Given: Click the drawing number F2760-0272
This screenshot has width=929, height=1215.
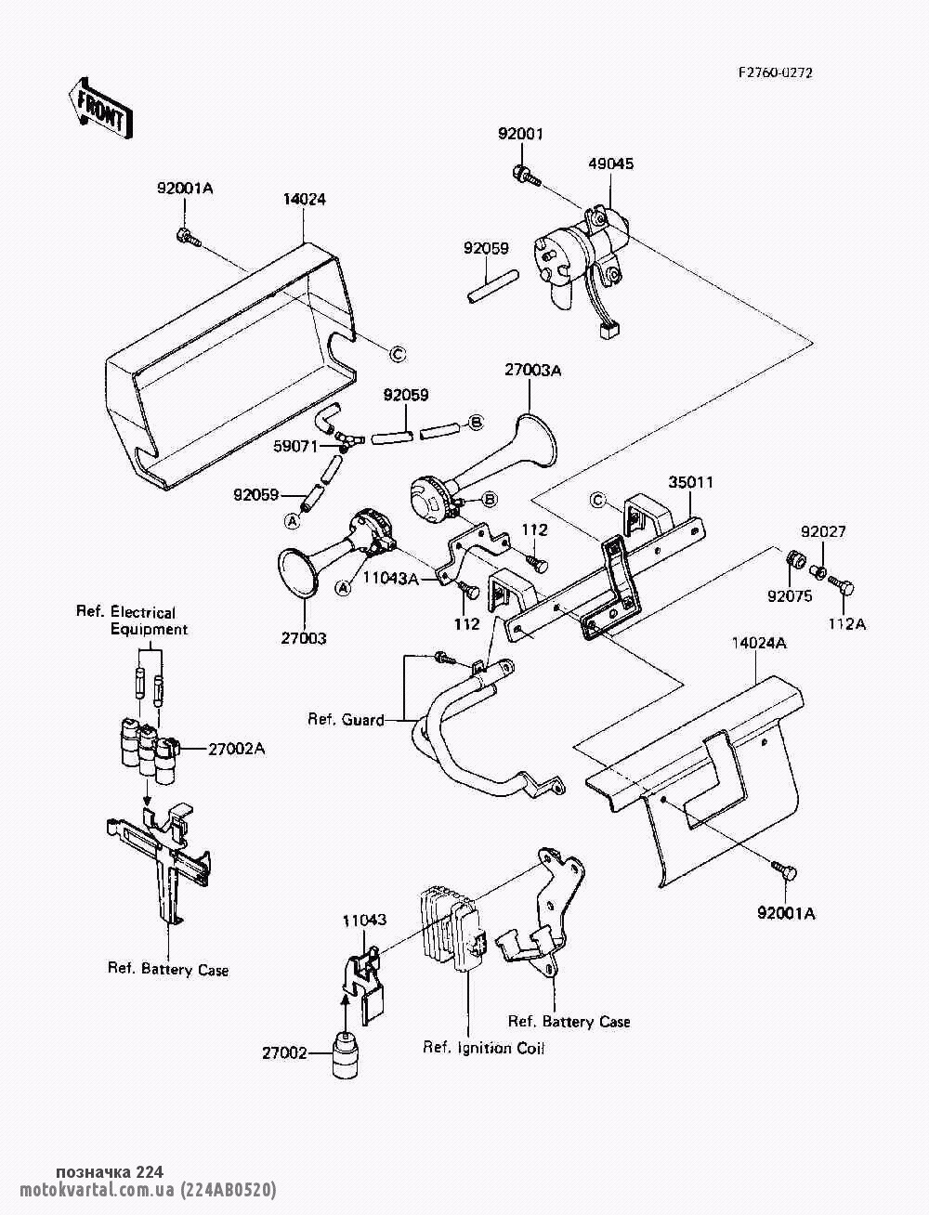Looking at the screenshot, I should [775, 72].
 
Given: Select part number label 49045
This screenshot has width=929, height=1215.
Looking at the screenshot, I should [610, 164].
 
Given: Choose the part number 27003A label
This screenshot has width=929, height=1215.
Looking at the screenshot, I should [533, 371].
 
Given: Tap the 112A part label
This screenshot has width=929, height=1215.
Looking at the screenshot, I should [846, 624].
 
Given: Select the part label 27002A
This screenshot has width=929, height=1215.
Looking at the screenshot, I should [236, 748].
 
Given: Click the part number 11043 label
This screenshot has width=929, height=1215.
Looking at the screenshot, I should [364, 921].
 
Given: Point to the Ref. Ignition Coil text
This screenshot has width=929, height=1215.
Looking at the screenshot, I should [483, 1048].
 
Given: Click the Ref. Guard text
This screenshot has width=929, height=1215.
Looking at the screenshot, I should [346, 719].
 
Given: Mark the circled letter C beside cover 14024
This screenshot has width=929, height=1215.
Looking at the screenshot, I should [397, 353].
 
